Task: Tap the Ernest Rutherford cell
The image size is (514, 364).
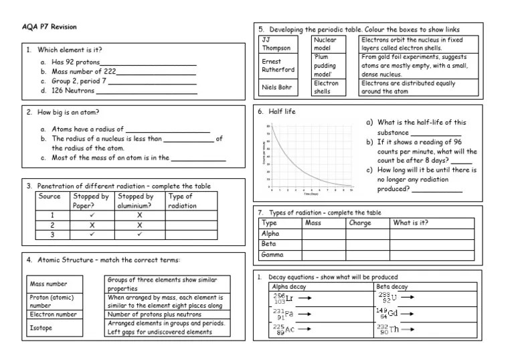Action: [x=277, y=65]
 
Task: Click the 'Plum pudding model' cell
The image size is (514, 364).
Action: [x=325, y=66]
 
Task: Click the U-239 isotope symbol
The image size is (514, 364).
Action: [x=386, y=297]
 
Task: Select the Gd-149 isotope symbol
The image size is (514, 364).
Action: [x=388, y=313]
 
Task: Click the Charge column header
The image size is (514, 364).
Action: [x=360, y=223]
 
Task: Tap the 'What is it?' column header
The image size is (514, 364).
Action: [x=411, y=223]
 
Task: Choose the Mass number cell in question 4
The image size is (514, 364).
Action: [x=48, y=284]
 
